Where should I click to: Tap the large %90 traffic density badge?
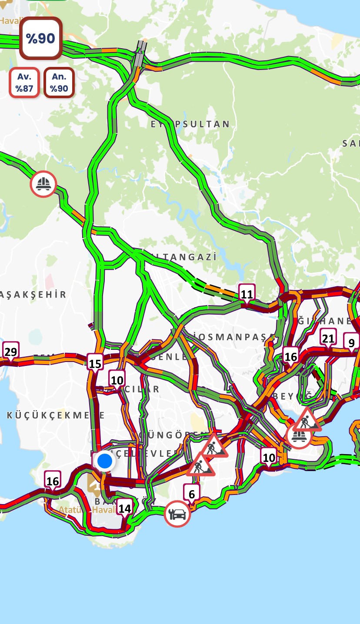pyautogui.click(x=41, y=38)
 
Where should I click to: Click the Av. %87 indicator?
pyautogui.click(x=25, y=83)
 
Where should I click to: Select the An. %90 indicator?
pyautogui.click(x=59, y=83)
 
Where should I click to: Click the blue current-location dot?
pyautogui.click(x=105, y=461)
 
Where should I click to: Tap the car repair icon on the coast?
pyautogui.click(x=177, y=514)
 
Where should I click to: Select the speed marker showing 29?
pyautogui.click(x=10, y=351)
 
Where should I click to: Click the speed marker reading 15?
pyautogui.click(x=95, y=363)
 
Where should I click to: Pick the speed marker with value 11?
pyautogui.click(x=247, y=294)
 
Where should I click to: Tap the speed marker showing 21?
pyautogui.click(x=328, y=338)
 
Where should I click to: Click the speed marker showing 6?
pyautogui.click(x=191, y=494)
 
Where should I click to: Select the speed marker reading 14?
pyautogui.click(x=125, y=508)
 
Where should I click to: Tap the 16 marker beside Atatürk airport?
pyautogui.click(x=52, y=481)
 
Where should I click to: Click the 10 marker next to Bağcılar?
pyautogui.click(x=117, y=380)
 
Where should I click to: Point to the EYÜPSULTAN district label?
pyautogui.click(x=190, y=124)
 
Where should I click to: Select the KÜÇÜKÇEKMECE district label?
pyautogui.click(x=56, y=415)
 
